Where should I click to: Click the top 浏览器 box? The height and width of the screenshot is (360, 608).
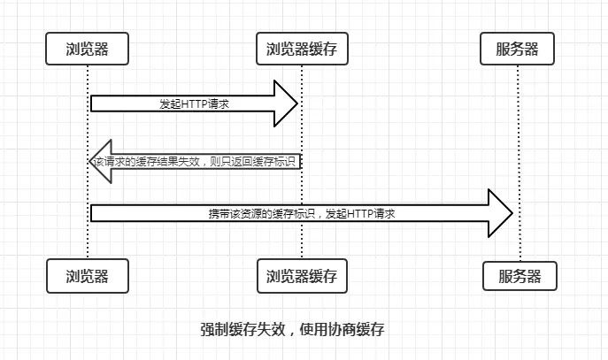coord(88,49)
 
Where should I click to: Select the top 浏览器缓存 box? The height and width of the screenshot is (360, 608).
coord(302,49)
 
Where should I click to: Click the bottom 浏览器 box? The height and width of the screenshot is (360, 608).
coord(88,275)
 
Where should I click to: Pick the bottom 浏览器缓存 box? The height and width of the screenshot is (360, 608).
coord(302,275)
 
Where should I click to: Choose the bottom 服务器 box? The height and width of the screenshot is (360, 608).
coord(519,275)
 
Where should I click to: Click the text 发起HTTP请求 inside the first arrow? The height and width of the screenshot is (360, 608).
coord(195,103)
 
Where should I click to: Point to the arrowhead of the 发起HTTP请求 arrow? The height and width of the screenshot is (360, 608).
coord(289,103)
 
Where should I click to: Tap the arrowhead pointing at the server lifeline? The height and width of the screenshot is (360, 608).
coord(502,213)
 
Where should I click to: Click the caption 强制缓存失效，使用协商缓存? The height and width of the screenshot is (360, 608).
coord(292,329)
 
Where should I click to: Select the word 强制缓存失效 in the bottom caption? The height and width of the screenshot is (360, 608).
coord(242,329)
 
